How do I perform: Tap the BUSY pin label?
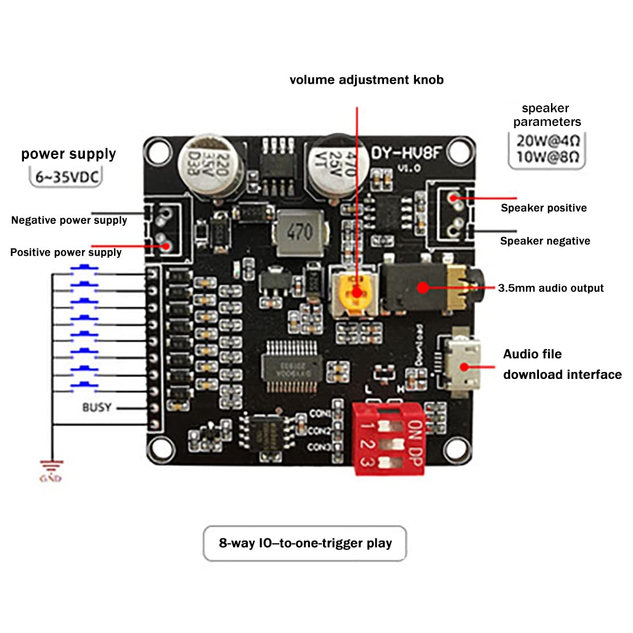pyautogui.click(x=97, y=407)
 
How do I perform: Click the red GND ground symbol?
pyautogui.click(x=51, y=471)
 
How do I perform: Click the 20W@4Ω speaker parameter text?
pyautogui.click(x=547, y=141)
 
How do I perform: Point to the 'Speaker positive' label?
pyautogui.click(x=544, y=208)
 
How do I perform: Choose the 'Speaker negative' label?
pyautogui.click(x=545, y=241)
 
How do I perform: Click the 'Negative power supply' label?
pyautogui.click(x=69, y=220)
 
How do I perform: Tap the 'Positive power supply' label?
pyautogui.click(x=66, y=252)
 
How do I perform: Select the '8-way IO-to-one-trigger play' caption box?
pyautogui.click(x=305, y=543)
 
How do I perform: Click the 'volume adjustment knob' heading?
pyautogui.click(x=366, y=80)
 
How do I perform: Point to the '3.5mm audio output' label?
pyautogui.click(x=550, y=288)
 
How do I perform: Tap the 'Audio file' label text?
pyautogui.click(x=532, y=354)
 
